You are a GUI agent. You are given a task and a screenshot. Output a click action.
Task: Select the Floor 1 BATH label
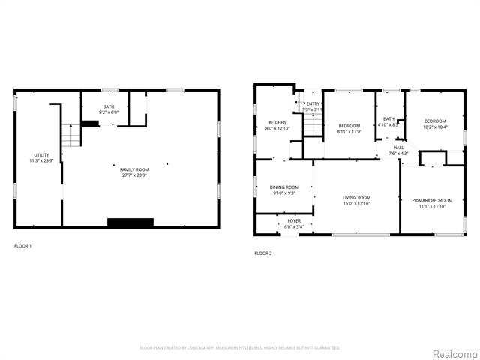click(109, 107)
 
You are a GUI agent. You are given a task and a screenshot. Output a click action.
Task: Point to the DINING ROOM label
click(284, 187)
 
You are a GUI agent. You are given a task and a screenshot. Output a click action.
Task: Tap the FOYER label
click(294, 220)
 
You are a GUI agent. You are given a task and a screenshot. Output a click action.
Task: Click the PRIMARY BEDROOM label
click(432, 200)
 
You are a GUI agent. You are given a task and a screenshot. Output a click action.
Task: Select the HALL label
click(398, 148)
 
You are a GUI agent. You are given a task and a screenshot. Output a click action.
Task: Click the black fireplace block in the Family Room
click(130, 222)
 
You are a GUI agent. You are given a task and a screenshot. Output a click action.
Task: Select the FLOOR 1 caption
click(23, 245)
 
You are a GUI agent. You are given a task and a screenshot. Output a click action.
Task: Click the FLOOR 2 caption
click(263, 253)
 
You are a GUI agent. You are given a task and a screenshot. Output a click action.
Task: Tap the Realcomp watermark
click(452, 352)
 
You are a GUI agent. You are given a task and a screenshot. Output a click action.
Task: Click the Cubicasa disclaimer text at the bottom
click(240, 347)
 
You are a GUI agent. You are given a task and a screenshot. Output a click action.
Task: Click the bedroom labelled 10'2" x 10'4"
click(435, 124)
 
